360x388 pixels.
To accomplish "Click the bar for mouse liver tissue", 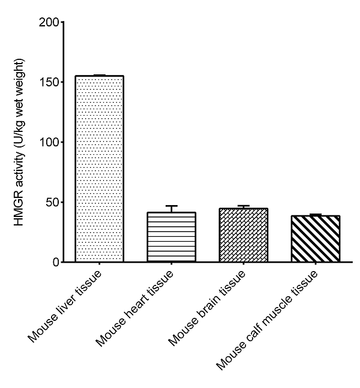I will [100, 169].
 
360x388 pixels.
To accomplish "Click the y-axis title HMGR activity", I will [21, 142].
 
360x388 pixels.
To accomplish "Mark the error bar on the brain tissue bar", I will [244, 207].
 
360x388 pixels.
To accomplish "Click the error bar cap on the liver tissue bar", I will [100, 76].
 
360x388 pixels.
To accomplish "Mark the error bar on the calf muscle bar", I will [316, 215].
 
